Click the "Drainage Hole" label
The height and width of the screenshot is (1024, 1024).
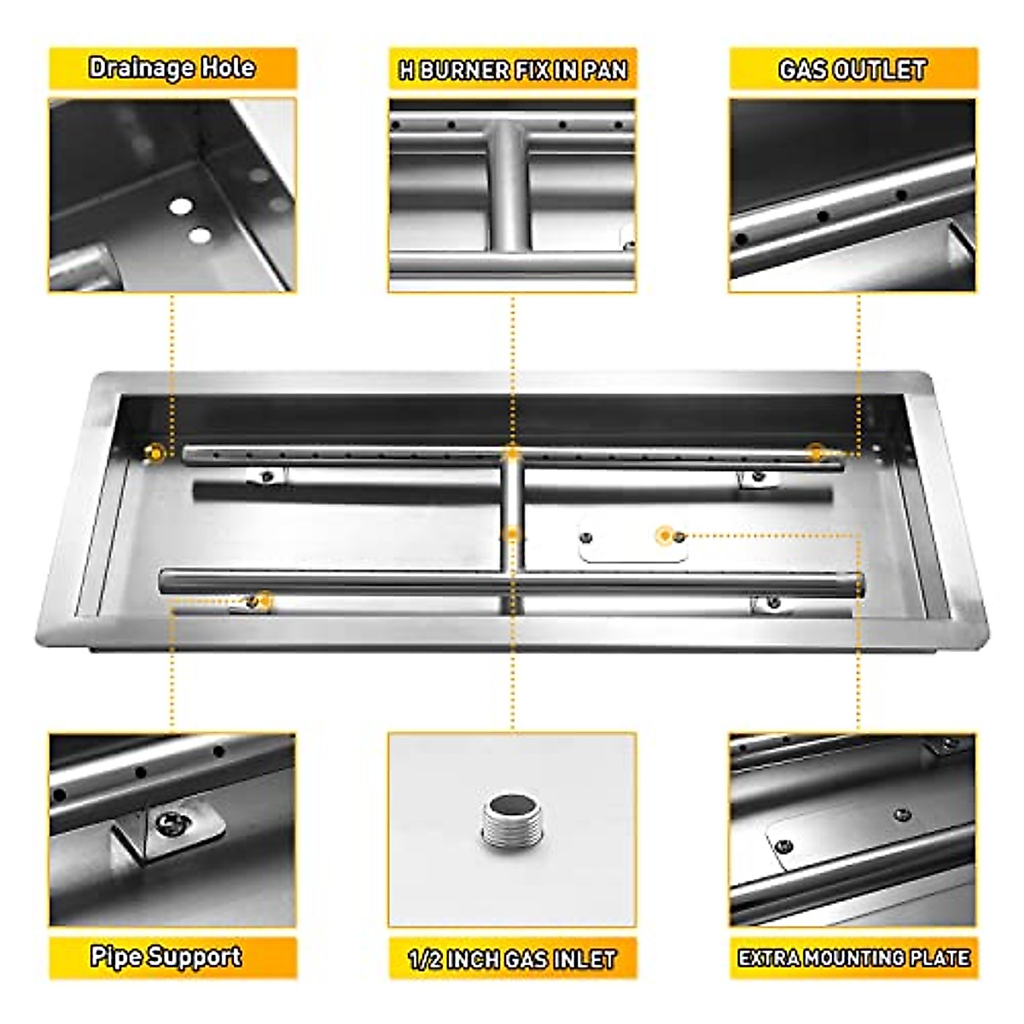tap(172, 68)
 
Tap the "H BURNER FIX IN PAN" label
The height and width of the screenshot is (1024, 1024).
tap(513, 70)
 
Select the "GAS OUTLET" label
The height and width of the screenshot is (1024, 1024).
tap(852, 70)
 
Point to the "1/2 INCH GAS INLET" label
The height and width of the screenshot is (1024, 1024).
tap(512, 959)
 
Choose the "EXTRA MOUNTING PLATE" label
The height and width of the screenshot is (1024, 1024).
tap(853, 958)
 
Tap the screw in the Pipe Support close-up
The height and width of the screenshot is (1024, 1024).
tap(168, 823)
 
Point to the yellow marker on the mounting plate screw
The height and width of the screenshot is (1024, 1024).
tap(665, 536)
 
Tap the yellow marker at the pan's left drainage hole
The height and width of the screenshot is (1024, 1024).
tap(154, 453)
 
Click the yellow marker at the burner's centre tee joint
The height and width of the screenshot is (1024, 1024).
tap(511, 452)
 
